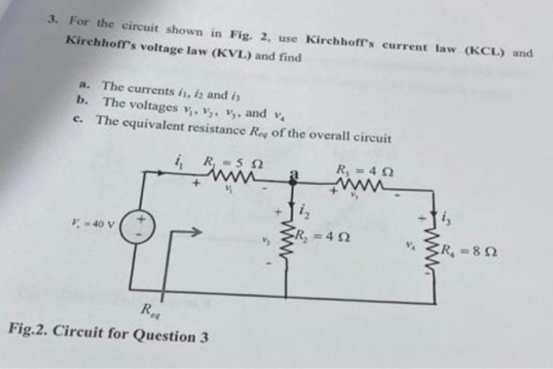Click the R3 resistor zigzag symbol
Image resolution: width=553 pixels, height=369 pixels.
[361, 186]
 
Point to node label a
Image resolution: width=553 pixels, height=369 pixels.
[293, 173]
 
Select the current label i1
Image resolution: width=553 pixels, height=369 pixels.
[177, 164]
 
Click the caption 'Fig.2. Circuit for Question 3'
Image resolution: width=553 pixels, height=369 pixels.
[108, 334]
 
